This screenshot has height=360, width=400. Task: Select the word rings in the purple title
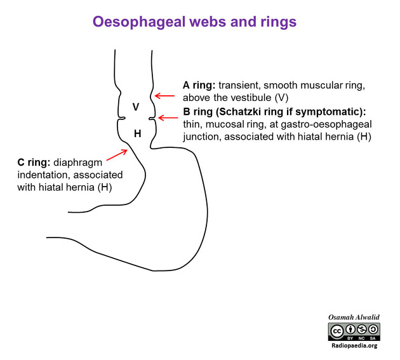(x=279, y=22)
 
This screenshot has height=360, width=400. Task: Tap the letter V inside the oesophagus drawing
(x=136, y=107)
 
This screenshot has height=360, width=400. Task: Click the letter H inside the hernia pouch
(x=138, y=133)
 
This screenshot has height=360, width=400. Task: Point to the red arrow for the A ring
(x=165, y=96)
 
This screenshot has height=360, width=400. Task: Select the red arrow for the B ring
(x=168, y=117)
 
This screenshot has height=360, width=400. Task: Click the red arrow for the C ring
(x=117, y=155)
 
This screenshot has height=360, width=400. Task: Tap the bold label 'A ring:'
(x=199, y=85)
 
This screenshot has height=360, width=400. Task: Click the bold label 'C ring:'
(x=34, y=163)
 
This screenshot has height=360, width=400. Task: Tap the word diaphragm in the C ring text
(x=78, y=163)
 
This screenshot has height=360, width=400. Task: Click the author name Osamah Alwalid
(x=354, y=317)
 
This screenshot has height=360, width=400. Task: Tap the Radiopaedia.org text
(x=354, y=345)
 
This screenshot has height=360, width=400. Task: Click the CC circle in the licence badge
(x=337, y=331)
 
